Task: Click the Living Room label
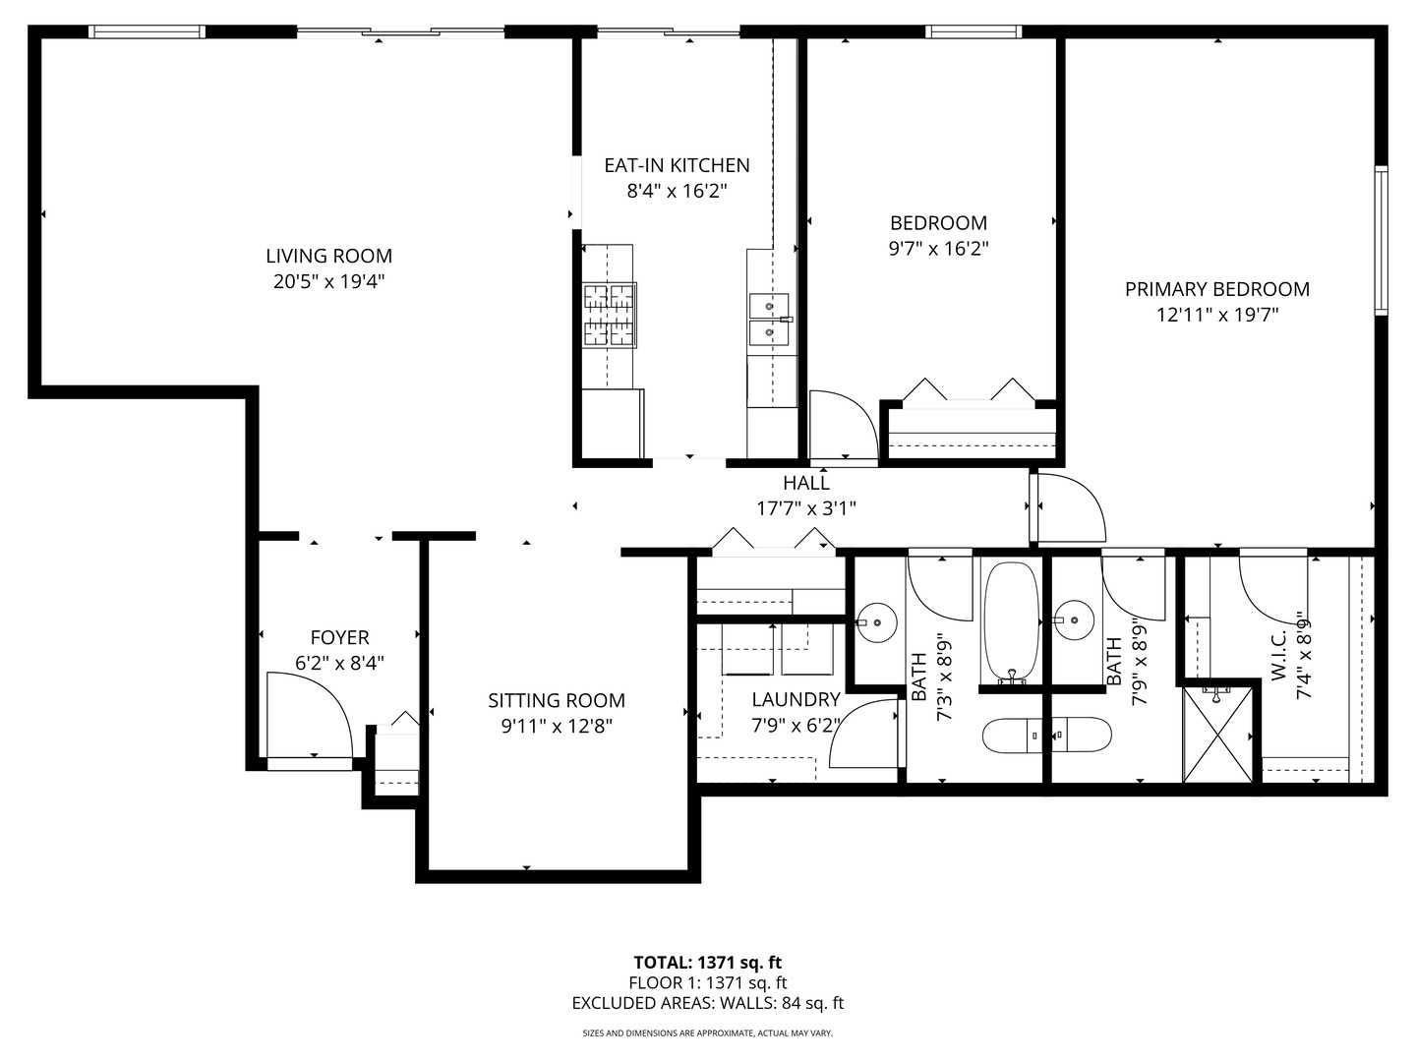(329, 256)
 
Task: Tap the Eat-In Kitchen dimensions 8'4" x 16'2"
(678, 192)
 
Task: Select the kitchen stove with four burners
(610, 316)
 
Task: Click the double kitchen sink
(769, 320)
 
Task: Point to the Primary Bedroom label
(1217, 289)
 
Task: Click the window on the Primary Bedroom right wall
(1381, 241)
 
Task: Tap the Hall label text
(806, 482)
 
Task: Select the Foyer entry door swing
(310, 715)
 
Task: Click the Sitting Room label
(557, 700)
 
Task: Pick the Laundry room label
(796, 699)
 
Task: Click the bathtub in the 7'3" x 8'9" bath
(1010, 622)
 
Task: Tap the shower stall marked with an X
(1217, 736)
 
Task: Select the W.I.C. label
(1278, 656)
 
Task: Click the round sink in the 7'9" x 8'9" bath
(1074, 620)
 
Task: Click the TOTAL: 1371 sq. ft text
(708, 963)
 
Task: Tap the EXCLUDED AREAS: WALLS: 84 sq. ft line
(708, 1003)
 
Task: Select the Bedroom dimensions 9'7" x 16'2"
(939, 249)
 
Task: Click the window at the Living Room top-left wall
(147, 31)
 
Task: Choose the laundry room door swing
(864, 734)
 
